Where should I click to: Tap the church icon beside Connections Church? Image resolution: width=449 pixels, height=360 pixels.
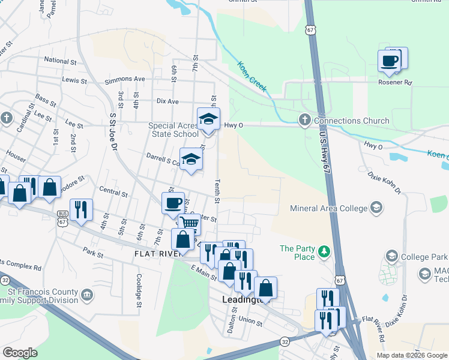304,121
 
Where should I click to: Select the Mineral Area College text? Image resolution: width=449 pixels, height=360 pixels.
328,209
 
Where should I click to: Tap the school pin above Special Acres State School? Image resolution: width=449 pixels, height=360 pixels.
208,119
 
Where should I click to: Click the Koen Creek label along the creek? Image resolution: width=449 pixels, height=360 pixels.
252,76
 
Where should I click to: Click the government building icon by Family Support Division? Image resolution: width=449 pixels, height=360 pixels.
87,295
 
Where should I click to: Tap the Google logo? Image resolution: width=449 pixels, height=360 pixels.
20,353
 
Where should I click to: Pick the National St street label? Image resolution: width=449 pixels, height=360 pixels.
61,61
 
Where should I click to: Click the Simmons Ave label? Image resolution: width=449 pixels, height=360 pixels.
125,79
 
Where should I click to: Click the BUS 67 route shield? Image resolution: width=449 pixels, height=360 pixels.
62,217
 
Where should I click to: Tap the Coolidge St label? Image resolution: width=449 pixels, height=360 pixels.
138,287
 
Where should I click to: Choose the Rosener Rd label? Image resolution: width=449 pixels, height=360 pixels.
395,82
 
